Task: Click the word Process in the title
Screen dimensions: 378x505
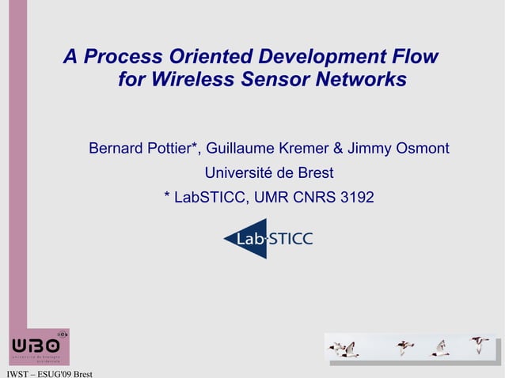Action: (121, 58)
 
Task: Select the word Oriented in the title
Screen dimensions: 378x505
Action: (205, 58)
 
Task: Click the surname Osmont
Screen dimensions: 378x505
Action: (423, 149)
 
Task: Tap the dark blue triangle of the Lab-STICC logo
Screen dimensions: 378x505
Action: (236, 239)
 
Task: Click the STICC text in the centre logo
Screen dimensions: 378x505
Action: (291, 239)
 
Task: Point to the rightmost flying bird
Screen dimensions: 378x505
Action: (480, 345)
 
